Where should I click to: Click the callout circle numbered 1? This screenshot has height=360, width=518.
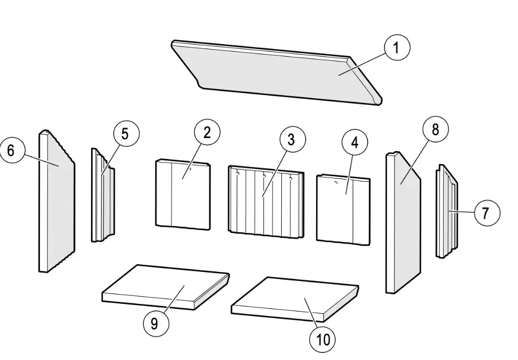(x=397, y=48)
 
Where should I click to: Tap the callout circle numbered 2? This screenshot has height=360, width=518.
(x=207, y=133)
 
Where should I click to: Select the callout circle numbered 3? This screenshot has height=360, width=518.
(x=291, y=139)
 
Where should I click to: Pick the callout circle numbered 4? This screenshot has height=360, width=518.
(x=355, y=143)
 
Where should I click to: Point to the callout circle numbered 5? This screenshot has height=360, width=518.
(x=125, y=134)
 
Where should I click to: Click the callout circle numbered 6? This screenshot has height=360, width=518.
(x=12, y=150)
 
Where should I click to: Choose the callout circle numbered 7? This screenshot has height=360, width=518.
(x=485, y=213)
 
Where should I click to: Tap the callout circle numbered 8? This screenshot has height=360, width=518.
(x=435, y=130)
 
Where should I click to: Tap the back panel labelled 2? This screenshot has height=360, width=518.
(x=182, y=195)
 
